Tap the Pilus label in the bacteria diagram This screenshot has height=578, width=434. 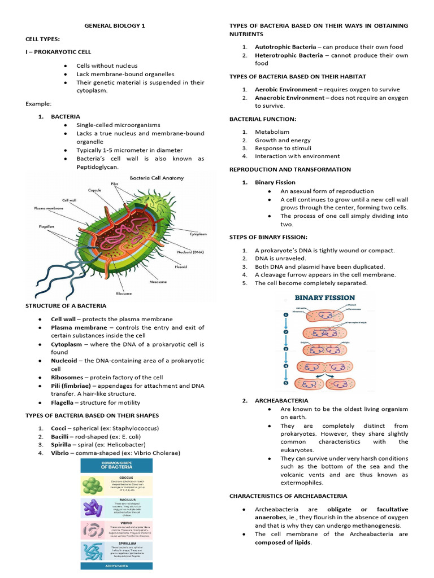point(114,184)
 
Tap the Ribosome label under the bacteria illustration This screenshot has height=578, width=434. point(124,294)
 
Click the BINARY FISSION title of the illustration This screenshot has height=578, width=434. point(325,297)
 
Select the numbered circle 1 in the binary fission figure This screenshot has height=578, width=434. point(286,314)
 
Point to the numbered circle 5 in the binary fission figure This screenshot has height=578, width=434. point(286,383)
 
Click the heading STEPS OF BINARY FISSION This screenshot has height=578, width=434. point(268,237)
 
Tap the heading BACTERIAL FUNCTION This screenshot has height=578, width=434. point(262,119)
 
